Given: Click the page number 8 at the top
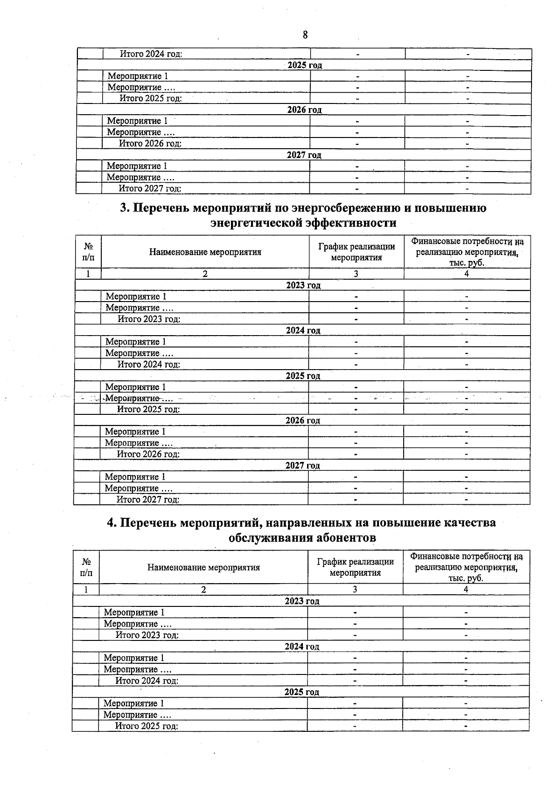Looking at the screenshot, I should tap(305, 35).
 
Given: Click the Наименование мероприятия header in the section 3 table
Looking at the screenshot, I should tap(205, 252).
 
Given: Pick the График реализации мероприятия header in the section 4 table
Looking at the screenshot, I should tap(355, 567).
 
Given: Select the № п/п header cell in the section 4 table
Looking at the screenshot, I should tap(86, 567).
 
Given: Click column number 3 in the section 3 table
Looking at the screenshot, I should tap(356, 274).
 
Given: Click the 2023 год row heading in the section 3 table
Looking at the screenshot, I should tap(303, 285).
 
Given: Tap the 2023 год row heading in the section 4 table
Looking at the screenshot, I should tap(302, 601).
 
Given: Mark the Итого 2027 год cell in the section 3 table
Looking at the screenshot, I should tap(148, 500).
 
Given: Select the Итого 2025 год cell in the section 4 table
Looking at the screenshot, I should tap(147, 726).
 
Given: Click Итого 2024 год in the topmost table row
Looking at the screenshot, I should tap(151, 54).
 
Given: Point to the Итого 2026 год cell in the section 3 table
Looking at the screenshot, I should tap(148, 454).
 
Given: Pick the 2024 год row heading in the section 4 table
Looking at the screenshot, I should tap(302, 647).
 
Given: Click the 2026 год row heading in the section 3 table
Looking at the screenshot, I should tap(303, 420).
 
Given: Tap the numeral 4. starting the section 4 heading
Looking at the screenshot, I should tap(112, 523).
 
